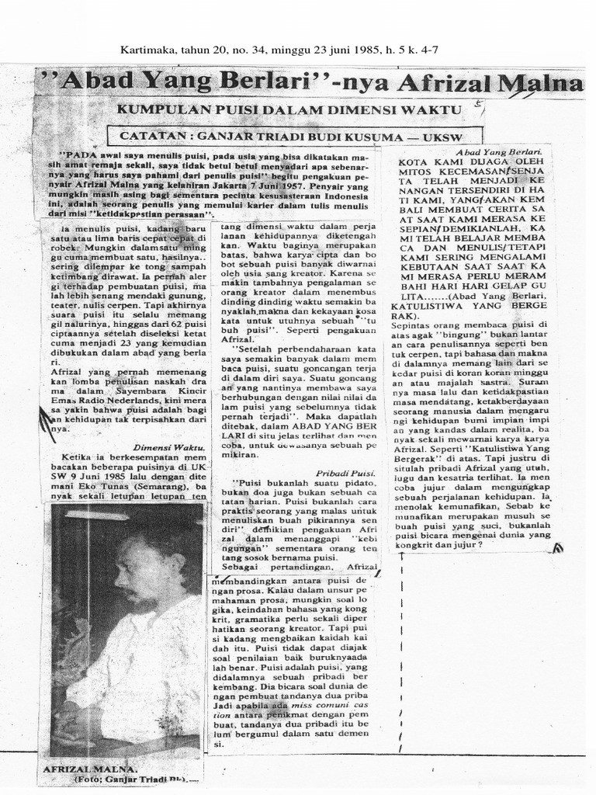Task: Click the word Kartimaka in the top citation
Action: [147, 50]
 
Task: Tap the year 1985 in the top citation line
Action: [367, 50]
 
